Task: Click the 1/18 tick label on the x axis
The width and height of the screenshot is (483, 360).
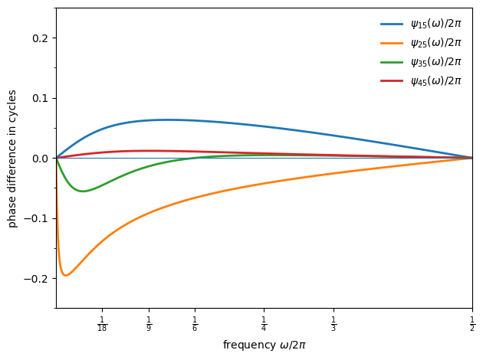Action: (102, 324)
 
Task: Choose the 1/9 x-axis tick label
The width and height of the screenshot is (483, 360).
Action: (149, 324)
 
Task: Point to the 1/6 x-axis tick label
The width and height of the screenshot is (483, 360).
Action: (195, 324)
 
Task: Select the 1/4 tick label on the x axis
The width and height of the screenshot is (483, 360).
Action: (264, 324)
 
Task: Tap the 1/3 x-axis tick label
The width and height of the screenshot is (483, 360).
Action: (333, 324)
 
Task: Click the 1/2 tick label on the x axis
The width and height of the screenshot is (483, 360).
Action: (472, 324)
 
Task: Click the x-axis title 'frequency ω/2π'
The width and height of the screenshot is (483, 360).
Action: (264, 345)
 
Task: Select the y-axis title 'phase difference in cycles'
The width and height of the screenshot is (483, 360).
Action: (12, 159)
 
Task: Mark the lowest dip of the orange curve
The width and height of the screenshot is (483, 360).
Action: (65, 275)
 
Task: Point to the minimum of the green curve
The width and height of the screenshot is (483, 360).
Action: (82, 191)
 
